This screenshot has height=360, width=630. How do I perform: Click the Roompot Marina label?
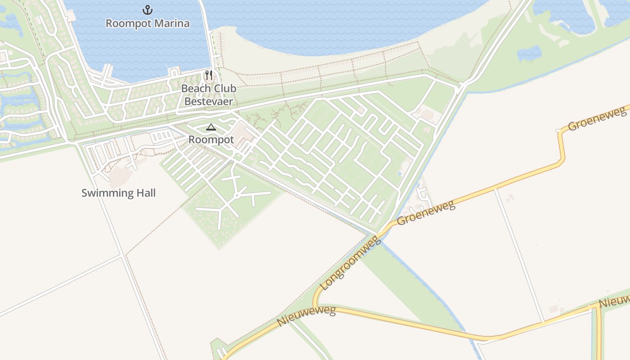(147, 23)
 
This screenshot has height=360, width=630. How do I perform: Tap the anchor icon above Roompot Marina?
(147, 9)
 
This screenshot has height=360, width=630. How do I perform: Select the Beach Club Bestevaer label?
(208, 95)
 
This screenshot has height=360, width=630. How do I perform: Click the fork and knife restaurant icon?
(208, 75)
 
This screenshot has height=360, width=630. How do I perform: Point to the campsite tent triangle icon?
(211, 127)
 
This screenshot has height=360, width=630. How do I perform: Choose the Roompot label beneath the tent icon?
(211, 139)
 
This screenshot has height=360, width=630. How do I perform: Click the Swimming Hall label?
(118, 193)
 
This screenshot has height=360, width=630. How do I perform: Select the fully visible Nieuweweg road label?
(306, 316)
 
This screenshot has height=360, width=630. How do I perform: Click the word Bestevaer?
(208, 101)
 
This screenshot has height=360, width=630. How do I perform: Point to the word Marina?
(171, 23)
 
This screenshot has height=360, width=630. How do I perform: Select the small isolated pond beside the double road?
(529, 54)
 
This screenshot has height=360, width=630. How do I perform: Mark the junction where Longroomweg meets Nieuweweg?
(316, 306)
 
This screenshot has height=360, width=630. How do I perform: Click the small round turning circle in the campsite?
(236, 195)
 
